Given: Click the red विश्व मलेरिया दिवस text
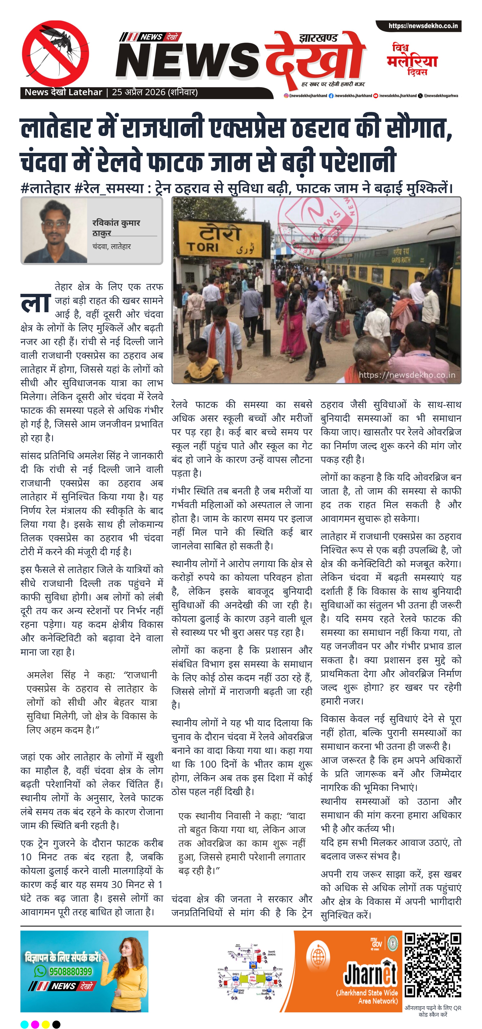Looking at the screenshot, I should (412, 60).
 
